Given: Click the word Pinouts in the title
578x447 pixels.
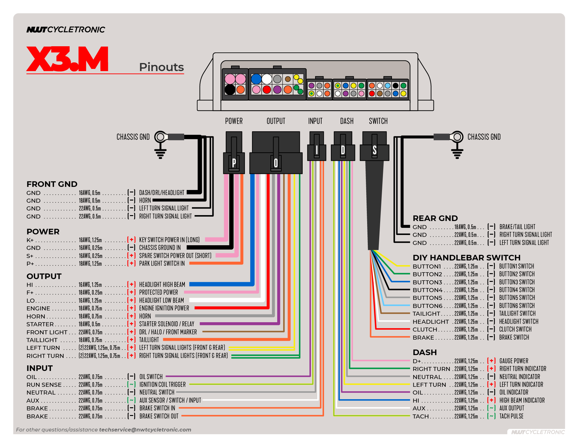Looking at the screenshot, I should [161, 67].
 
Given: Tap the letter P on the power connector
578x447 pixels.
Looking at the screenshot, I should [234, 162].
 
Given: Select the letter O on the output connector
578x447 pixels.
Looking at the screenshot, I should [276, 163].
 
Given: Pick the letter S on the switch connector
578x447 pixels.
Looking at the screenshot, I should [375, 150].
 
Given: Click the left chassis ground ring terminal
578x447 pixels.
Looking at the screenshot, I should [161, 137].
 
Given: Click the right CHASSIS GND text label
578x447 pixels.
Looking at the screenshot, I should [484, 137].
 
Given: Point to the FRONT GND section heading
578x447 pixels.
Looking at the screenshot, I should [52, 184].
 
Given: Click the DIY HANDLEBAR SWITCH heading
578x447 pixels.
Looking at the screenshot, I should [466, 258].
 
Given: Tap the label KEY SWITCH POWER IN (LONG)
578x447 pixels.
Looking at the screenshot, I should [169, 240].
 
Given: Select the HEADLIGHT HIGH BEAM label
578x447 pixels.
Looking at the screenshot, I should [162, 284].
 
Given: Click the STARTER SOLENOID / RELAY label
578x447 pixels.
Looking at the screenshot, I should [167, 324].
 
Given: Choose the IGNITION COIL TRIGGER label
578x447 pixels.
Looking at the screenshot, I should [162, 384].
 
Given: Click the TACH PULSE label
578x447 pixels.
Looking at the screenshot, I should [511, 416].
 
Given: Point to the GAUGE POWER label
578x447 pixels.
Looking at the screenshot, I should [514, 361].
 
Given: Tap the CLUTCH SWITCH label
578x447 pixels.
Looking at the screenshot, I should [515, 329].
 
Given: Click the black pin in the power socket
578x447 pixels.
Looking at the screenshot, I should [230, 90].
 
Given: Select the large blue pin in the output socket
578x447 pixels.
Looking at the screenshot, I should [256, 79].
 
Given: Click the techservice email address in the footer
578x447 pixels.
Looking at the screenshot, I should [145, 430].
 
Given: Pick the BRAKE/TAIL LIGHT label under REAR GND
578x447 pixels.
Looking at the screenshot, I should [517, 227].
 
